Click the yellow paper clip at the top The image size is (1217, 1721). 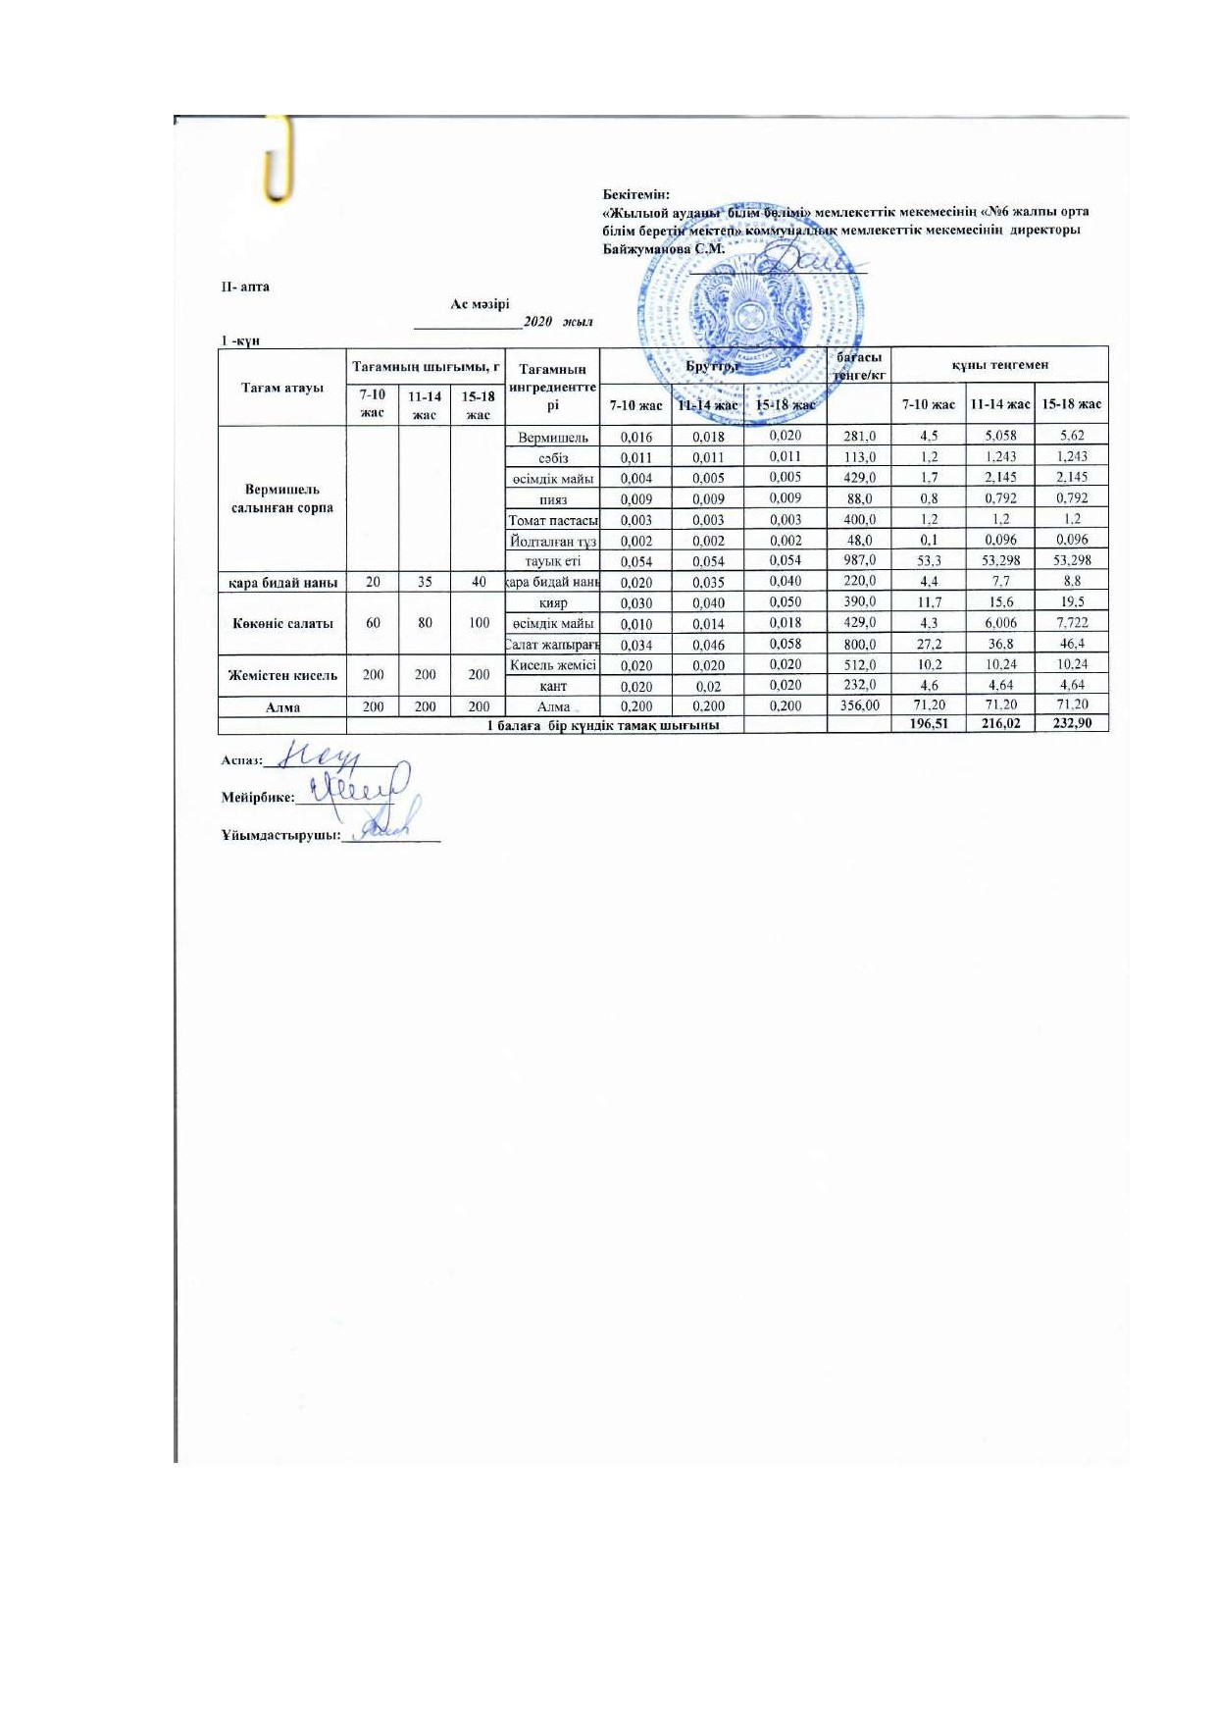coord(279,160)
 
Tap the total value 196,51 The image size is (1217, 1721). coord(928,725)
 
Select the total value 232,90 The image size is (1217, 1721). coord(1071,724)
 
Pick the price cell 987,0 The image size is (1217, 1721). coord(859,560)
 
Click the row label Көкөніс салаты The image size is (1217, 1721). coord(282,623)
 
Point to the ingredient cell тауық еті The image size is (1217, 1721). coord(553,561)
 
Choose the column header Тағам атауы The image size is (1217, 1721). coord(282,388)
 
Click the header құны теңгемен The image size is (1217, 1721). coord(999,365)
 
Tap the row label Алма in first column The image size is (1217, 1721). coord(282,706)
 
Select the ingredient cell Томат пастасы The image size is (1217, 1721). coord(553,520)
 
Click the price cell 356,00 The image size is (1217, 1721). coord(859,705)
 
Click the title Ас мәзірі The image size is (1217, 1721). coord(480,304)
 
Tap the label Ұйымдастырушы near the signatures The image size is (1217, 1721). coord(280,836)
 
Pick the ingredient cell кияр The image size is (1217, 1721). coord(553,603)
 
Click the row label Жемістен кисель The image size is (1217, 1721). coord(282,675)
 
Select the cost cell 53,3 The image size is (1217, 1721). coord(929,560)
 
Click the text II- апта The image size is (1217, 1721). coord(244,287)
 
